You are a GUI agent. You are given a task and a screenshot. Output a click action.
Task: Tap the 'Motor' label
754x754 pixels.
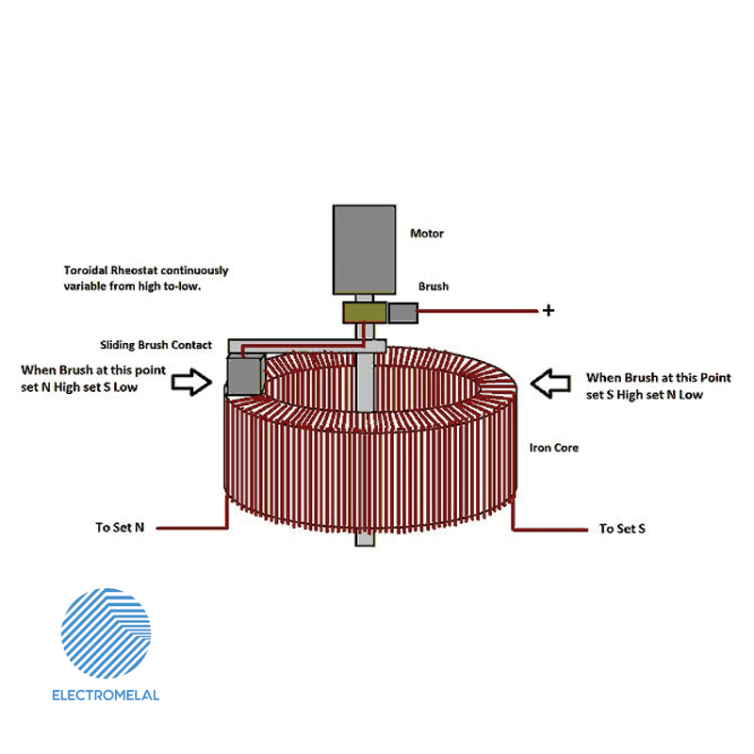click(427, 233)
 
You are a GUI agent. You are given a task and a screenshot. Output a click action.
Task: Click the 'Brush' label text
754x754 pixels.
click(434, 287)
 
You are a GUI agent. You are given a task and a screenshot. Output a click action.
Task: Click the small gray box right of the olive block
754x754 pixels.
click(403, 312)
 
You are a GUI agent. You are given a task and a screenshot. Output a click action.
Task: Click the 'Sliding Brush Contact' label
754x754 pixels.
click(156, 345)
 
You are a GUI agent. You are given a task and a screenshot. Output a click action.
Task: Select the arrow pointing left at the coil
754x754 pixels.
click(551, 383)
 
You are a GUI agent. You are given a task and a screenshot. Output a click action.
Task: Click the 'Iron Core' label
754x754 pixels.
click(553, 448)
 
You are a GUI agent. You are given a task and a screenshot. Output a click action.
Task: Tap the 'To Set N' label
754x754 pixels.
click(120, 528)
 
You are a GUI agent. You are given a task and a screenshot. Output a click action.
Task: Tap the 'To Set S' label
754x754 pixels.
click(622, 529)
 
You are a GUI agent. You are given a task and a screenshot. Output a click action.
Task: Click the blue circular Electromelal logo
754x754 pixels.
click(106, 632)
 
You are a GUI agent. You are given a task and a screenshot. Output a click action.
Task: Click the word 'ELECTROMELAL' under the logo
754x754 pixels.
click(106, 696)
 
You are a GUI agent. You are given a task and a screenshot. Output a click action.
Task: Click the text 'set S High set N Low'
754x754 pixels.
click(644, 394)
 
